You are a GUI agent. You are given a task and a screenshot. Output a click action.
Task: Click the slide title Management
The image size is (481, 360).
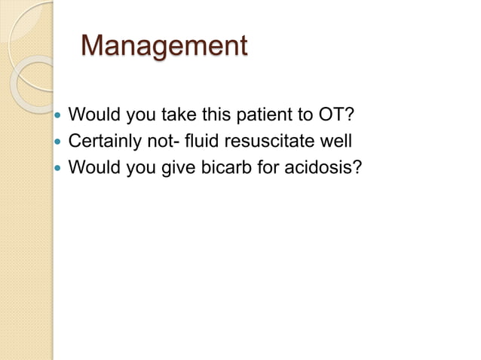pos(164,46)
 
